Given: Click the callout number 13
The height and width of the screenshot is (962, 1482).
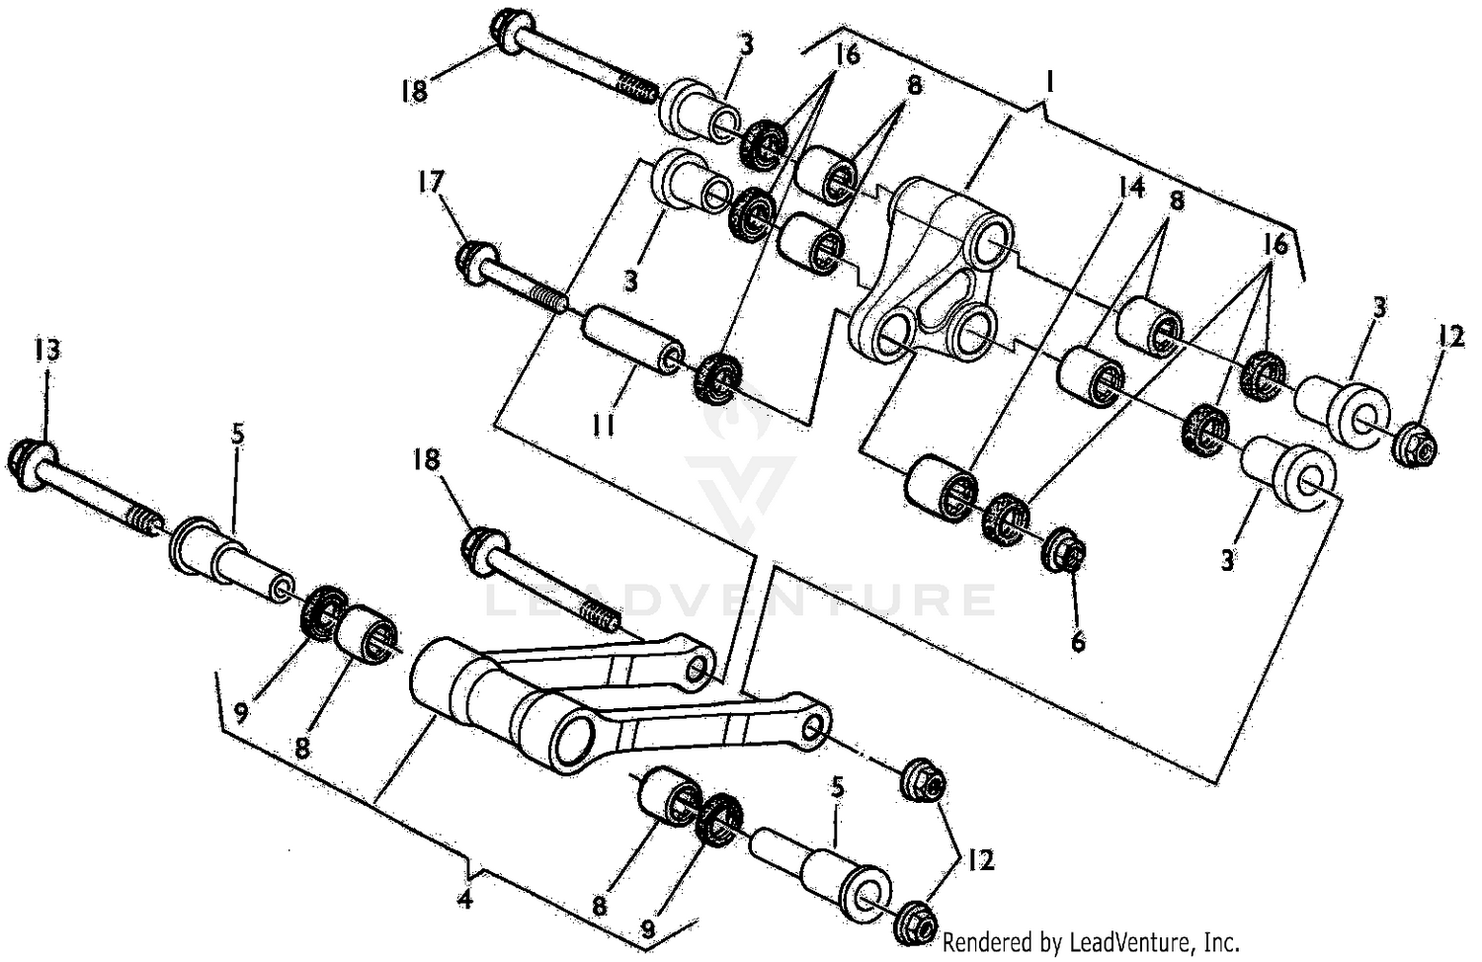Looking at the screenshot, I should click(46, 350).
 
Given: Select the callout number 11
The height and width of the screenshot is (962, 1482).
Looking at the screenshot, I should click(604, 426).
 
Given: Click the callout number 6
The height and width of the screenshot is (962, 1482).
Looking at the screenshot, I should click(1077, 642).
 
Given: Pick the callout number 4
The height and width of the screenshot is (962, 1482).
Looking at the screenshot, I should click(465, 900).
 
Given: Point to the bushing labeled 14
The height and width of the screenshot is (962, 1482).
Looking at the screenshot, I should click(942, 487).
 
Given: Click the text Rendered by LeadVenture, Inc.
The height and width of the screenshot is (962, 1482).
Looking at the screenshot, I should click(1090, 941).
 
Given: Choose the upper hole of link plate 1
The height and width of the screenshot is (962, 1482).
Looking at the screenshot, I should click(990, 240).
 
